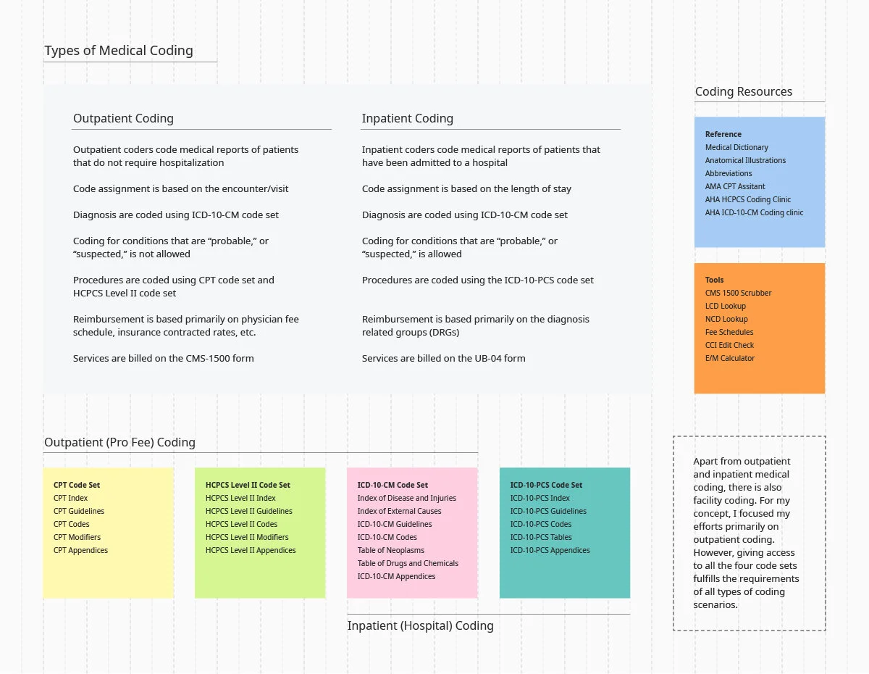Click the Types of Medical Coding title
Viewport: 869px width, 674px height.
pos(119,51)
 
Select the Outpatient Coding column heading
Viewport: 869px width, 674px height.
pos(123,119)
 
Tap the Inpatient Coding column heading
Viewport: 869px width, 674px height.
pos(408,119)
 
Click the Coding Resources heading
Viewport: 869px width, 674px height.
pos(744,92)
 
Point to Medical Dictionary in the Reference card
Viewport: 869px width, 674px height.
pos(736,148)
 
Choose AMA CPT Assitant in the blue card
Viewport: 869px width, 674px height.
pos(735,187)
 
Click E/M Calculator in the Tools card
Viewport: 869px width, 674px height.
pos(730,359)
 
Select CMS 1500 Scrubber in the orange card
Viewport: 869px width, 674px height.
pos(738,294)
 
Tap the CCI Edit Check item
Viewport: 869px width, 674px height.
pos(729,346)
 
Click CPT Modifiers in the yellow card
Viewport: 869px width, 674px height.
pos(77,538)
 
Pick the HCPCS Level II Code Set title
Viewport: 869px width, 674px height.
pos(248,486)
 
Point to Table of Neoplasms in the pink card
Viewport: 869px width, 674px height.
pos(391,551)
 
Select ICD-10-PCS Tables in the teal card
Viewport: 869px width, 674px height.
pos(541,538)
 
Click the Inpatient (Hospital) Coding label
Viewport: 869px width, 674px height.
pos(420,626)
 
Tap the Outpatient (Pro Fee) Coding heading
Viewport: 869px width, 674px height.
pos(119,443)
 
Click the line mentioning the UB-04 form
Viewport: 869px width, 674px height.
pos(444,359)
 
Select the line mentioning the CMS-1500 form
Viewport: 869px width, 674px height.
pos(163,359)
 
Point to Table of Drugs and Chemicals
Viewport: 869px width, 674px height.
pos(408,564)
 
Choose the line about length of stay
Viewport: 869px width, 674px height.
pos(466,189)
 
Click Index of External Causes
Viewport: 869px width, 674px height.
pos(399,512)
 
